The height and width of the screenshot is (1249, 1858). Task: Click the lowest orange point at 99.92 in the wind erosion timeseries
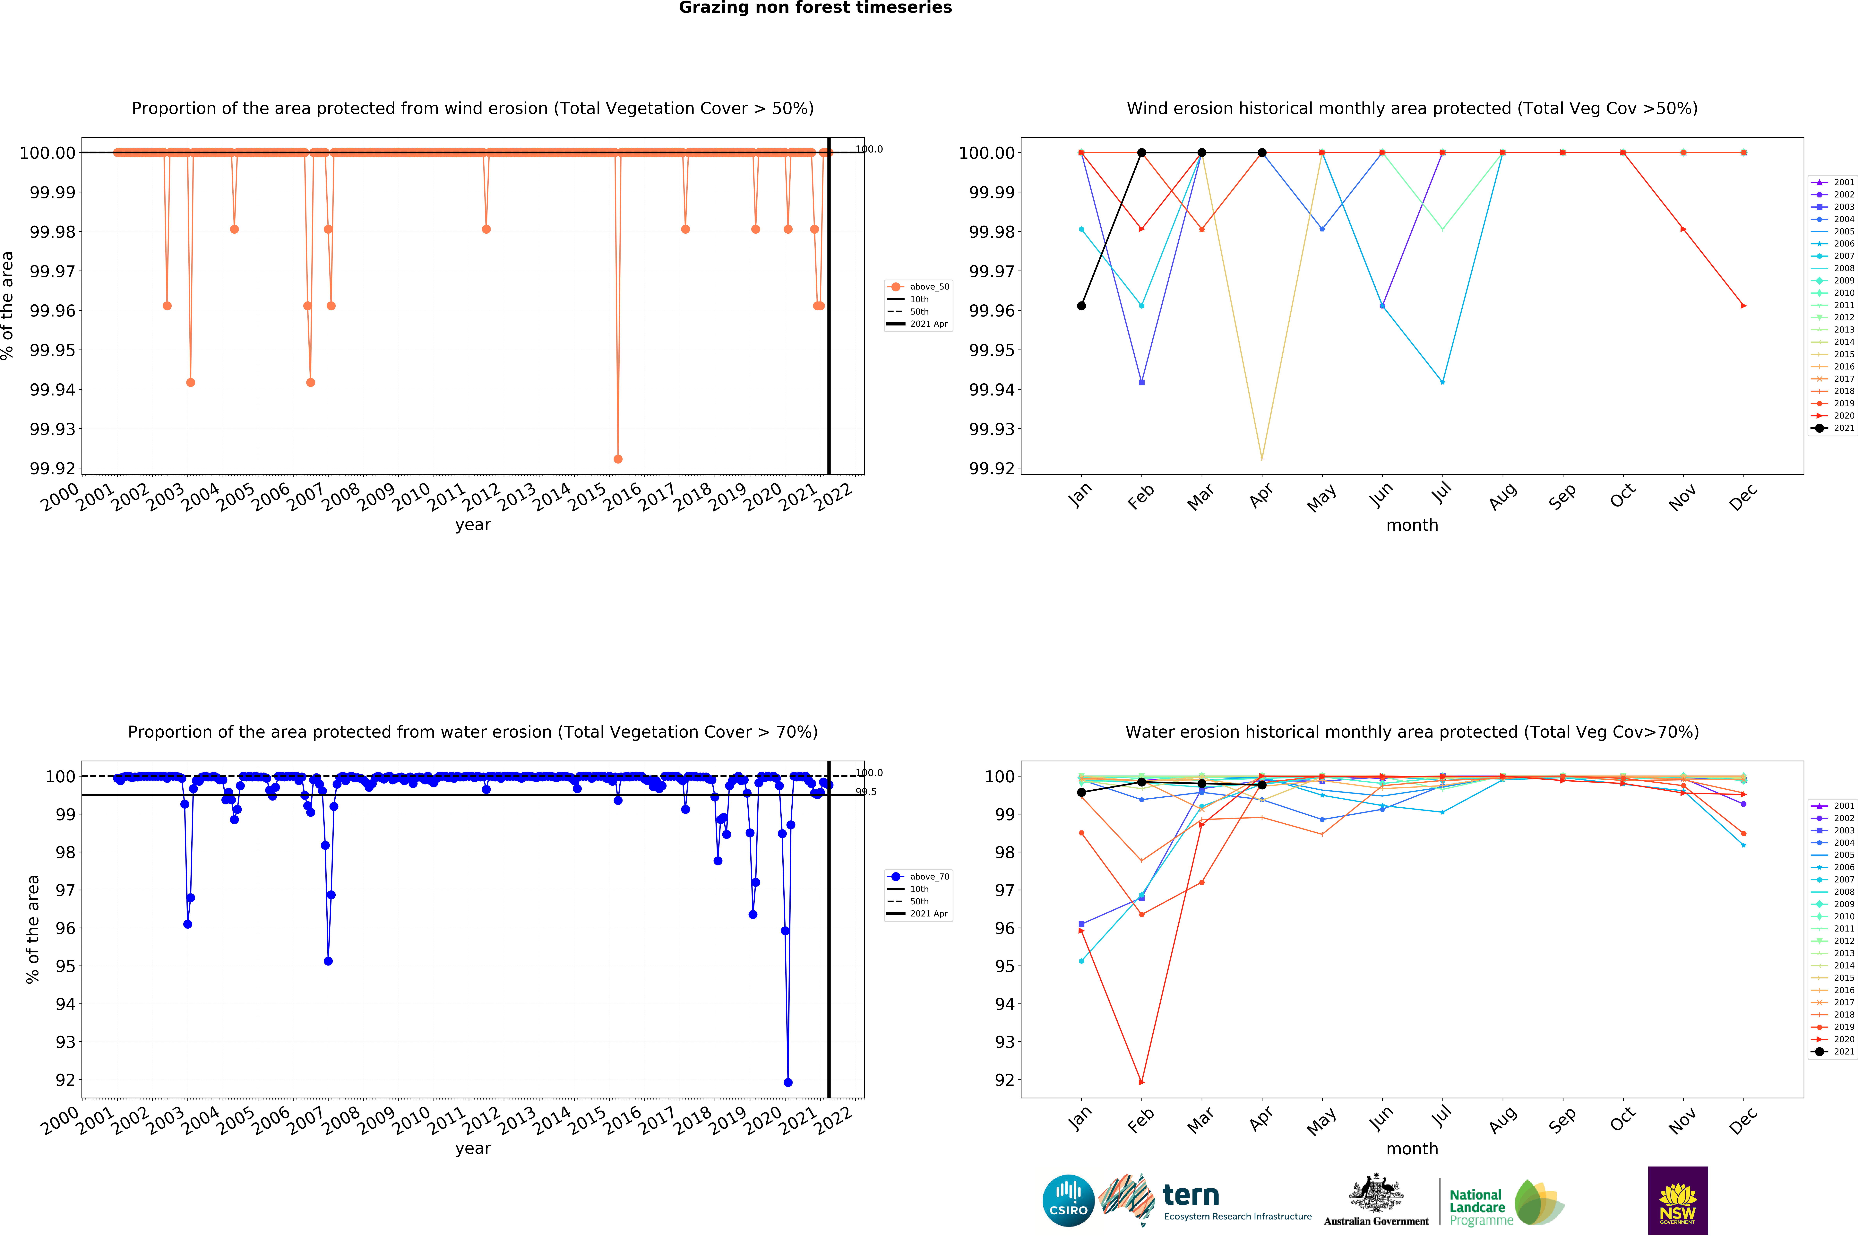pos(618,459)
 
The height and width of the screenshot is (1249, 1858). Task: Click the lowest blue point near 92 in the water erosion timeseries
pos(788,1082)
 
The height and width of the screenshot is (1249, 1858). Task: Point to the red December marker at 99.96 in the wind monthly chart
pos(1743,306)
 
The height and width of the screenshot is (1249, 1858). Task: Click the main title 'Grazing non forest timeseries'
pos(815,8)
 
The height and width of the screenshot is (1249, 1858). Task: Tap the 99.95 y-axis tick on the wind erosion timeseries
pos(53,351)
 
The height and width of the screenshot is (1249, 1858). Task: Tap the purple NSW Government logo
pos(1677,1200)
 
